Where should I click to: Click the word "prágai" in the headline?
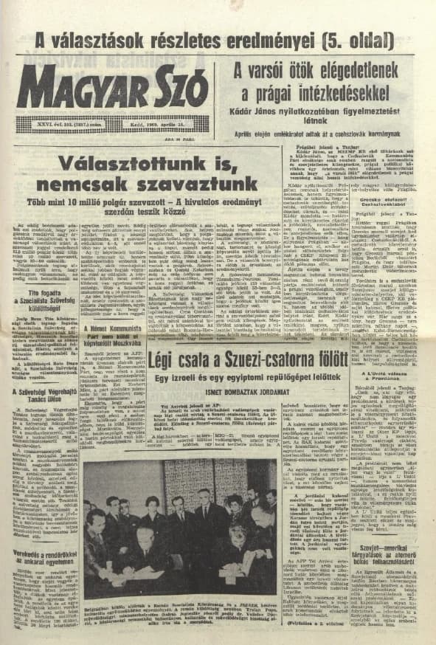(283, 93)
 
